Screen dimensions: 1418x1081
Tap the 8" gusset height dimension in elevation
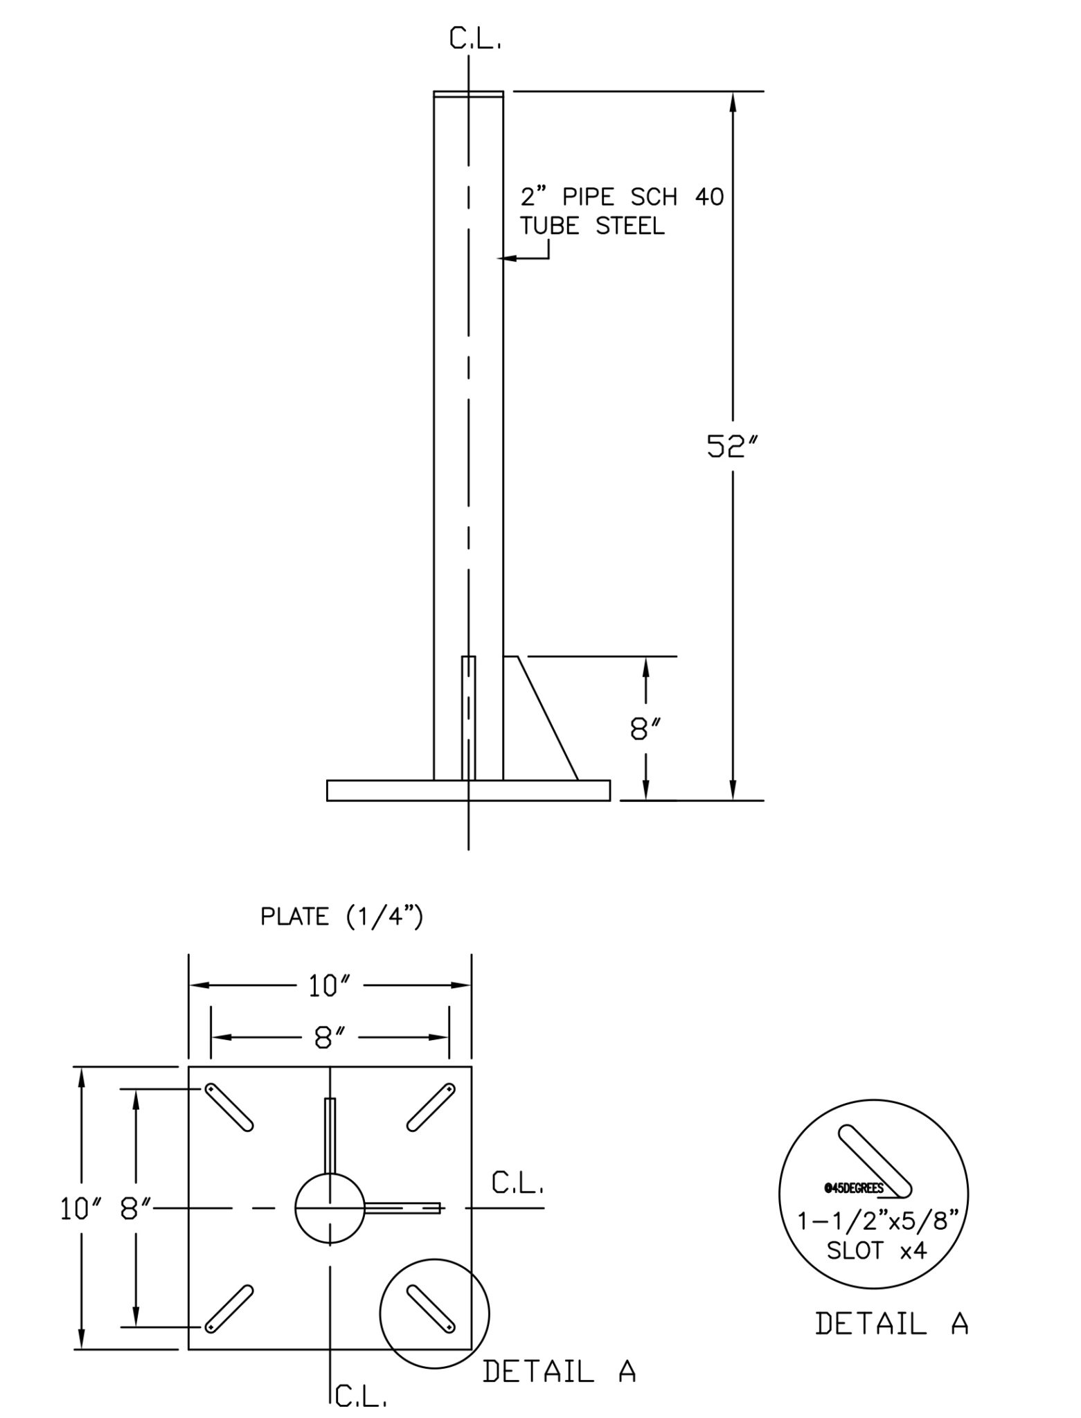(x=645, y=728)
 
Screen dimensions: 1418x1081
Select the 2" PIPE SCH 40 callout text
(x=621, y=197)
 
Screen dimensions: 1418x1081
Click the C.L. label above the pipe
(x=475, y=40)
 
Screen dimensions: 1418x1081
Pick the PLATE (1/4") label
(x=341, y=917)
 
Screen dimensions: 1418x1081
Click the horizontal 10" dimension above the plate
(x=330, y=986)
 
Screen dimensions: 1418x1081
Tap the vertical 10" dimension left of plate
(x=78, y=1209)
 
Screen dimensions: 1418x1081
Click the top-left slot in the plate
(x=229, y=1108)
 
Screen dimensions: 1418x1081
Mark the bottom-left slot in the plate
(x=229, y=1309)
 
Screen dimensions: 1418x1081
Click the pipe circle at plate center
(x=330, y=1208)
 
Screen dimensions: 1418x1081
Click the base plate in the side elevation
(x=468, y=790)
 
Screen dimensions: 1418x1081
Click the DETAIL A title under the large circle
(x=891, y=1323)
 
